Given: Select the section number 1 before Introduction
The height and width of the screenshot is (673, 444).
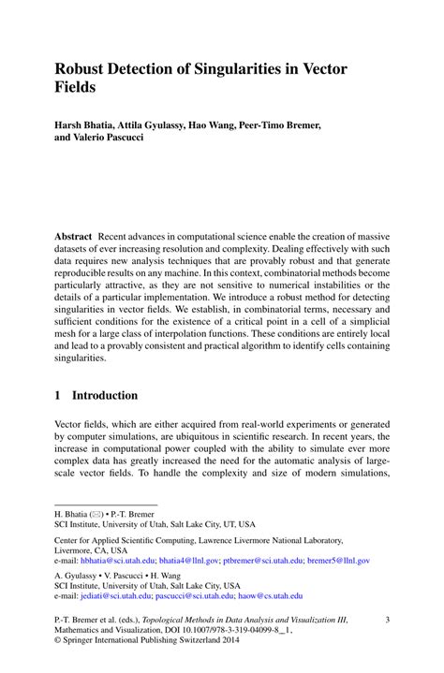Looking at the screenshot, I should coord(58,395).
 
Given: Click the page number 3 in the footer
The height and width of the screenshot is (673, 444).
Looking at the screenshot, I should coord(387,620).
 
